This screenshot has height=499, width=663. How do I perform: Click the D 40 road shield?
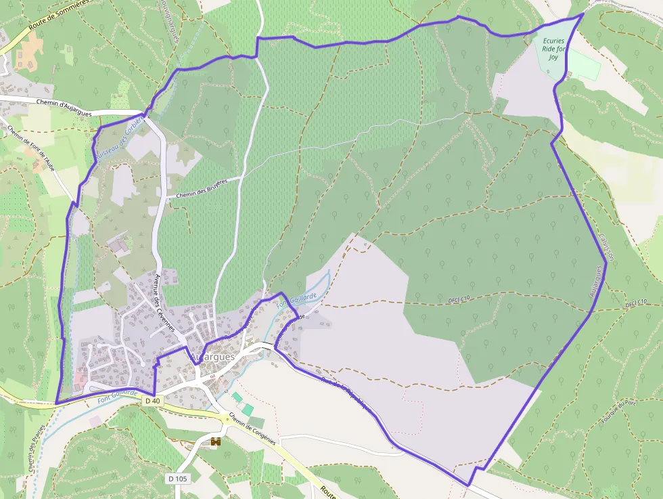tap(153, 401)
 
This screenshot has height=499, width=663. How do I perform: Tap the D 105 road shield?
tap(177, 479)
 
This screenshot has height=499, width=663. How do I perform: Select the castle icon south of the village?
tap(216, 442)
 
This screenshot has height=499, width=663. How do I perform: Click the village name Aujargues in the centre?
tap(212, 357)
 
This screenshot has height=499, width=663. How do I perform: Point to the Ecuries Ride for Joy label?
tap(553, 49)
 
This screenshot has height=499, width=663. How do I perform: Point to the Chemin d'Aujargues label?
tap(61, 104)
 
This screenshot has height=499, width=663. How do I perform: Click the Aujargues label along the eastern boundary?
tap(596, 284)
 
